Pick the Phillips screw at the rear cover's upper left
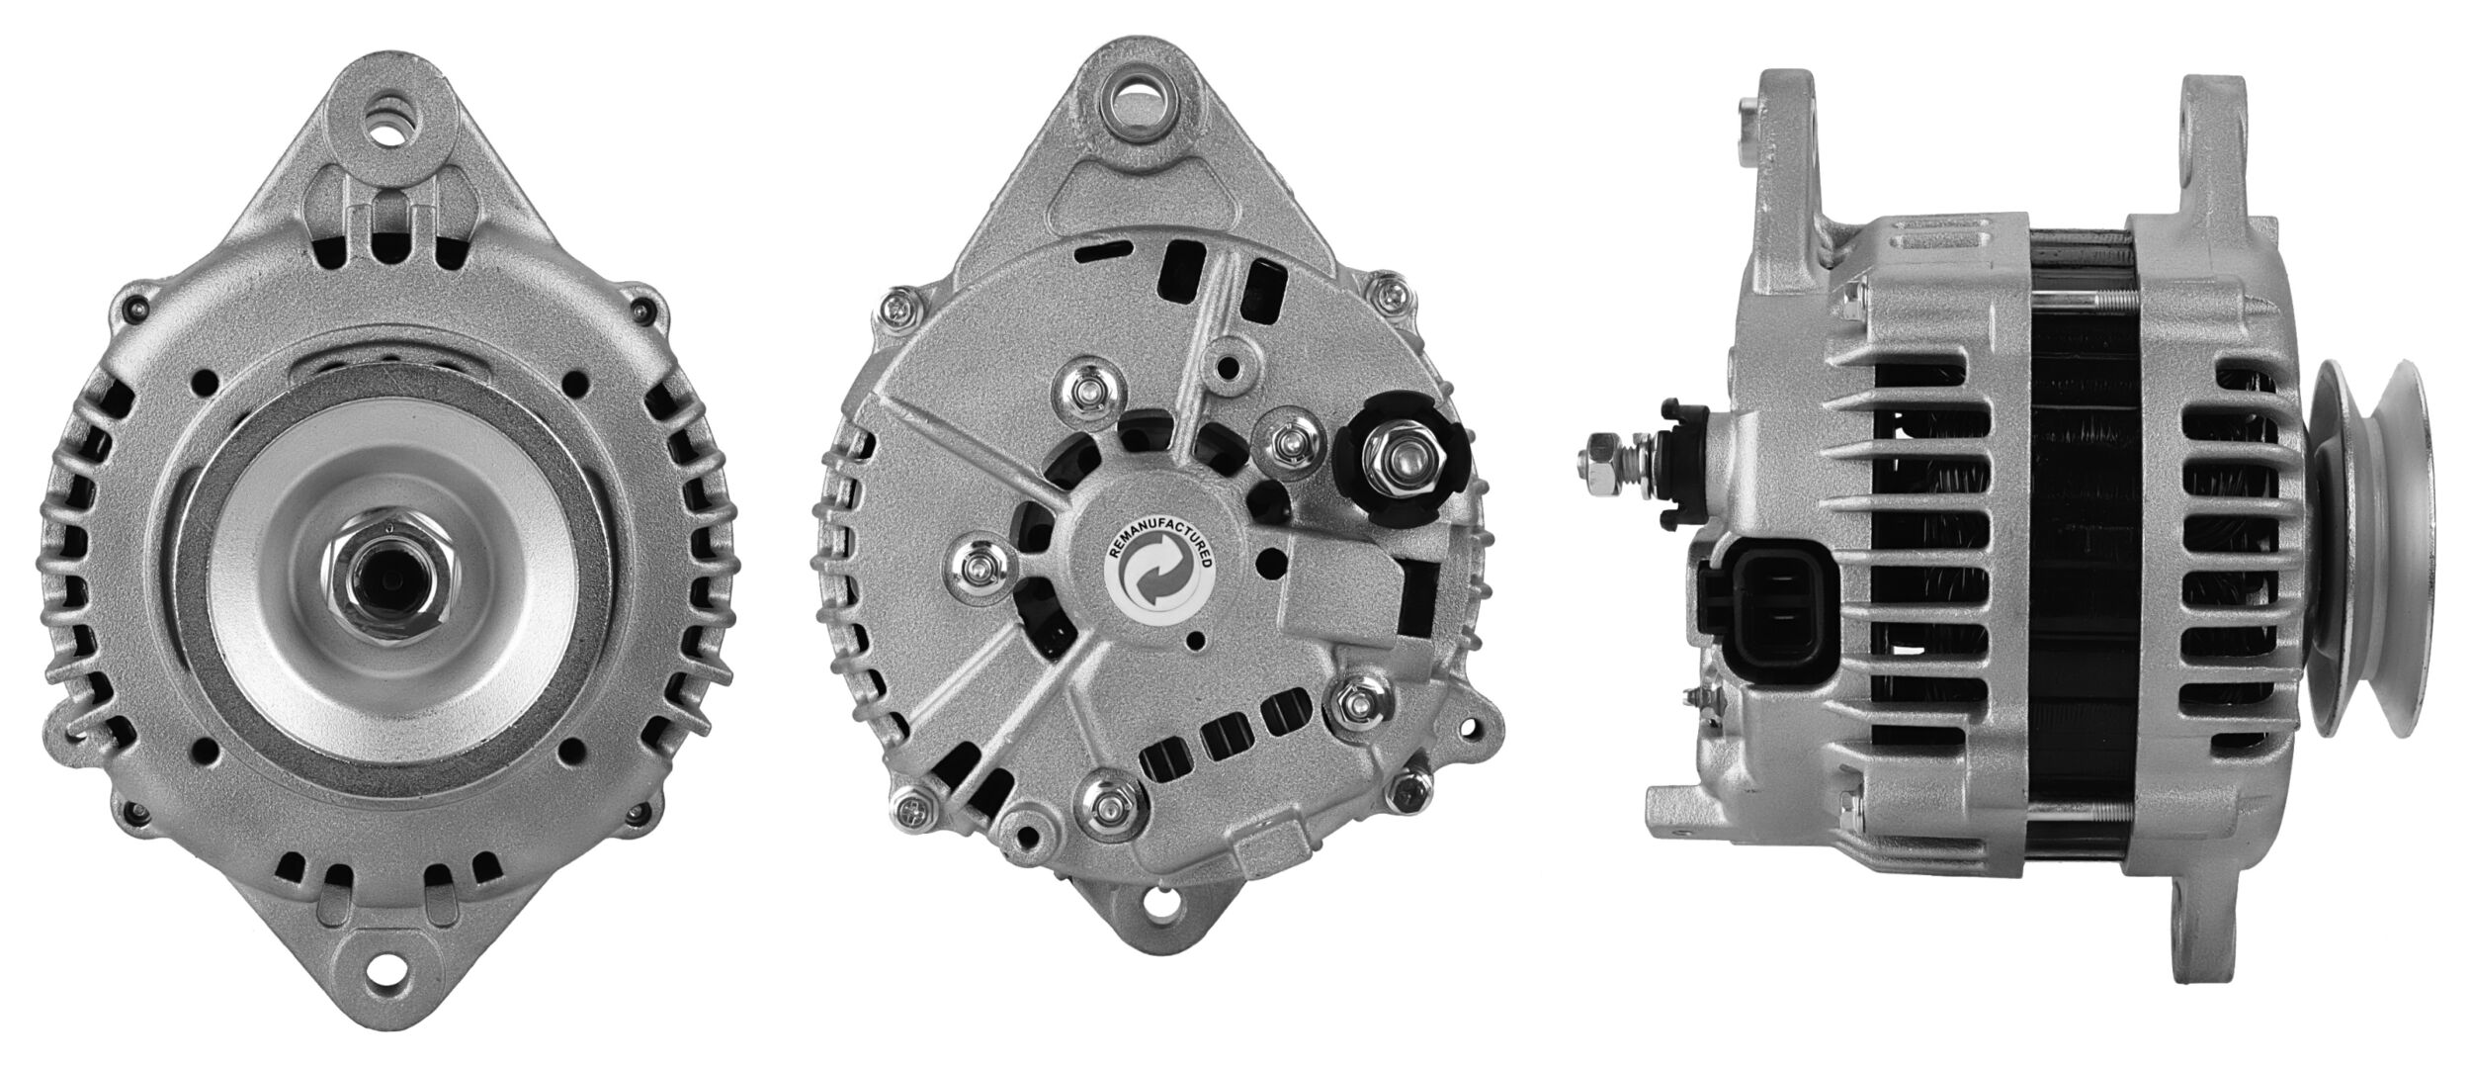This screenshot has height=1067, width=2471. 902,311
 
